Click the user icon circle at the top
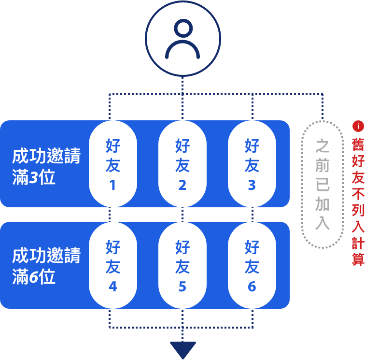tap(182, 39)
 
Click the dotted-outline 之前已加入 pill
tap(322, 184)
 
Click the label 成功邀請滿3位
tap(46, 167)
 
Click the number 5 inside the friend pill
tap(182, 287)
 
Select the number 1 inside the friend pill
tap(112, 186)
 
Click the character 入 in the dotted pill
tap(322, 223)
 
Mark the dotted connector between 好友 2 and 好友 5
tap(182, 215)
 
